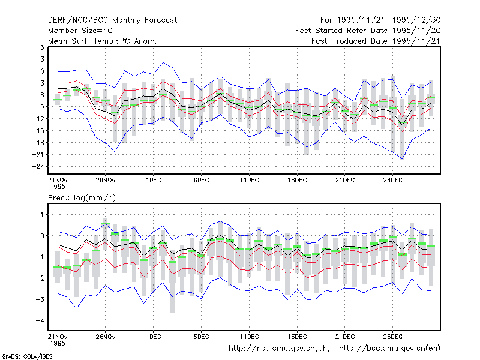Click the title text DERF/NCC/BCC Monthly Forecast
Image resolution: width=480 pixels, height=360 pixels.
pos(112,20)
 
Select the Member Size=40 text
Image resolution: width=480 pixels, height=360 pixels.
pos(80,31)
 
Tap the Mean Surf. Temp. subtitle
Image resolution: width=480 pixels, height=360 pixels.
pos(102,41)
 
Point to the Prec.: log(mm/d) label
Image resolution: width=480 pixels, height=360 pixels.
pos(82,198)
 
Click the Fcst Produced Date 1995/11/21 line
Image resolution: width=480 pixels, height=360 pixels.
pos(376,41)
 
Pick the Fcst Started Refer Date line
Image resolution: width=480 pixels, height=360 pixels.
pos(368,31)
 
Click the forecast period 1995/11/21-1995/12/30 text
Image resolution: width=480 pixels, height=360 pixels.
pos(380,20)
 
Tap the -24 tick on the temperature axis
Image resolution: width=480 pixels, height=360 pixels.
pos(38,167)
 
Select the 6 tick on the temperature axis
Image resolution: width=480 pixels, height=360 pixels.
pos(42,47)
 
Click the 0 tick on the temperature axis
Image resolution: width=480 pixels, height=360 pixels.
pos(42,71)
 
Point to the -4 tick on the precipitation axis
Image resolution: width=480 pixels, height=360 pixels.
pos(40,320)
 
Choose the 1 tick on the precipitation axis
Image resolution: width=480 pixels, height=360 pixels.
pos(42,215)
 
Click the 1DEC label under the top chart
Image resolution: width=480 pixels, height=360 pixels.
pos(154,180)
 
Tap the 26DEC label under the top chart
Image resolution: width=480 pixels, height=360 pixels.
pos(393,180)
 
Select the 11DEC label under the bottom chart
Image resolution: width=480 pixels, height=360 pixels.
pos(249,337)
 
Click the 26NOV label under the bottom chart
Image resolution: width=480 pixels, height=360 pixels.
pos(106,337)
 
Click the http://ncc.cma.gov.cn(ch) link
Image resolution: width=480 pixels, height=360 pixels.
pos(279,349)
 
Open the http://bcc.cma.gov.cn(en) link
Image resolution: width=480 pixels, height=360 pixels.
pos(389,349)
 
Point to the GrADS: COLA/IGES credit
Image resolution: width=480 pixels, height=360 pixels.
pos(27,356)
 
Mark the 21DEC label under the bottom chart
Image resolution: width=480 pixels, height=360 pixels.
pos(345,337)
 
